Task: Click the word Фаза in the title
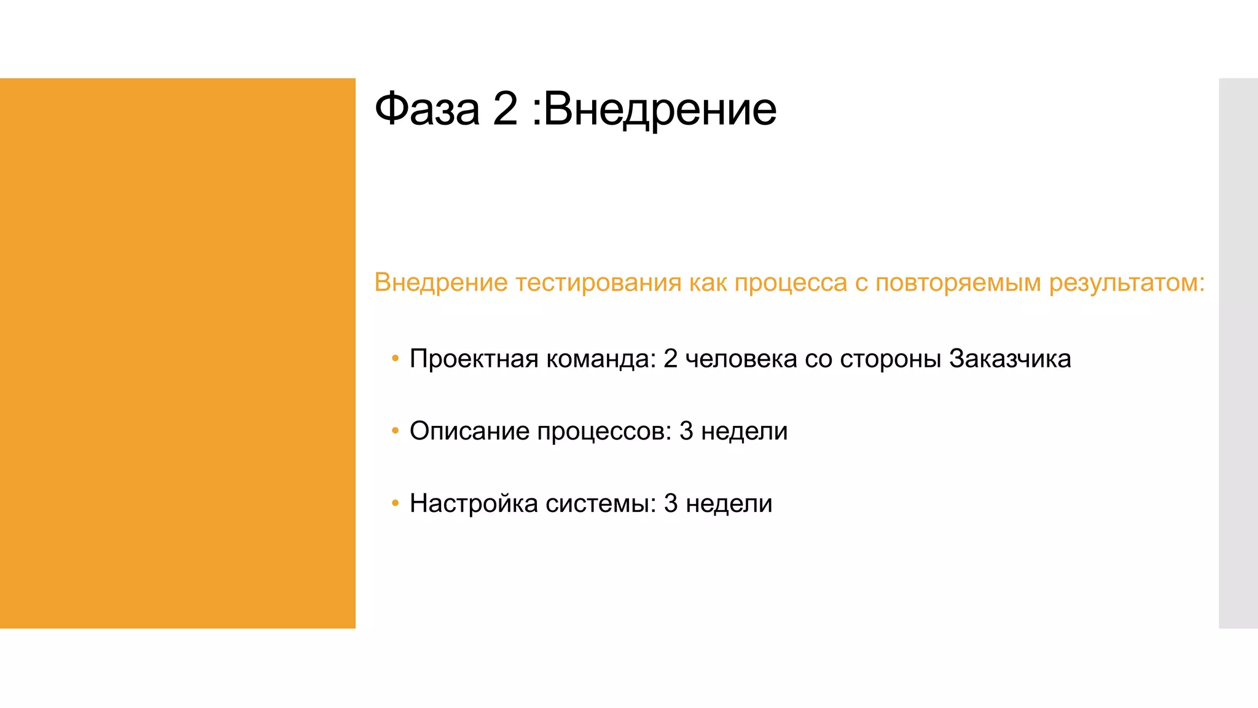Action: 427,109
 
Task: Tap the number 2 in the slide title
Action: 505,109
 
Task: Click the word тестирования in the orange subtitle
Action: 598,283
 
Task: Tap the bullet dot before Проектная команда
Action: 395,358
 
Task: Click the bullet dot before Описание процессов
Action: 395,431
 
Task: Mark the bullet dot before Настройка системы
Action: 395,503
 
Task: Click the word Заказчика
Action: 1010,359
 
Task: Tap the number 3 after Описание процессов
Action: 686,431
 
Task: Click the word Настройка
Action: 474,503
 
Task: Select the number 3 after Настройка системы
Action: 671,503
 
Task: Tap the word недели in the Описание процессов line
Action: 744,431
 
